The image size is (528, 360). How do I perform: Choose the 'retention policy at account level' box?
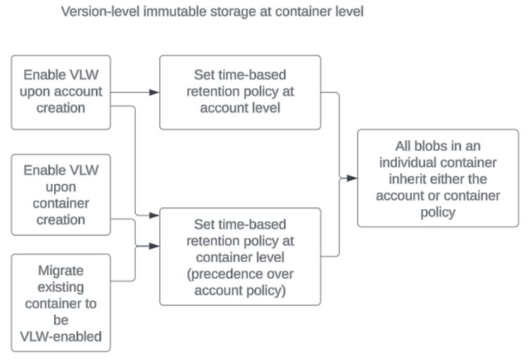coord(240,92)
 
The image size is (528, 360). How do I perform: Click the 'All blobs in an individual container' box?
coord(438,178)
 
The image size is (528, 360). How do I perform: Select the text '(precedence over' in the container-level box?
coord(240,273)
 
